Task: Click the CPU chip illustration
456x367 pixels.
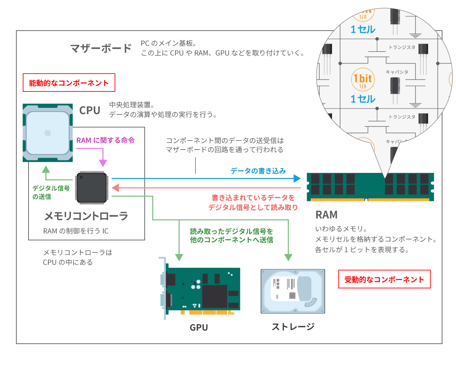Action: click(x=48, y=133)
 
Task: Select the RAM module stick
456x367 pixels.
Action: click(x=370, y=187)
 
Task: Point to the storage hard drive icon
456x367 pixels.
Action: click(x=293, y=291)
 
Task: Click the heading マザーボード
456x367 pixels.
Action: click(x=101, y=48)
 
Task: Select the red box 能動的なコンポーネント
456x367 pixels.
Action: click(x=69, y=82)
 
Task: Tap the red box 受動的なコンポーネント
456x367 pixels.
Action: click(x=384, y=279)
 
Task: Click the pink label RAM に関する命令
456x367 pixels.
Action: click(x=105, y=140)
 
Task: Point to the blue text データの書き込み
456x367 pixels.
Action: click(x=258, y=171)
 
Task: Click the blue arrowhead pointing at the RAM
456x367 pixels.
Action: click(x=297, y=178)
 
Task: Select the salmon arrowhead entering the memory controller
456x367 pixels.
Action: click(x=115, y=188)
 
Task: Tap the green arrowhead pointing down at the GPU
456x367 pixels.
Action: click(x=179, y=257)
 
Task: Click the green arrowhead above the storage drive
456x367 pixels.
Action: click(x=288, y=257)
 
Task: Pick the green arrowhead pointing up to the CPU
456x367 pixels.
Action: click(x=46, y=169)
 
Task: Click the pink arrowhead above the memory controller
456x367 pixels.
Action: click(x=103, y=163)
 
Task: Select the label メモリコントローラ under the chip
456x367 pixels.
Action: click(x=86, y=216)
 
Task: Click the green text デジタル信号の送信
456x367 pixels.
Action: click(x=51, y=192)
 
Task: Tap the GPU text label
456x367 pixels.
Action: click(x=199, y=327)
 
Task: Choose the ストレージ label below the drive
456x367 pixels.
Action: click(x=293, y=327)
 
